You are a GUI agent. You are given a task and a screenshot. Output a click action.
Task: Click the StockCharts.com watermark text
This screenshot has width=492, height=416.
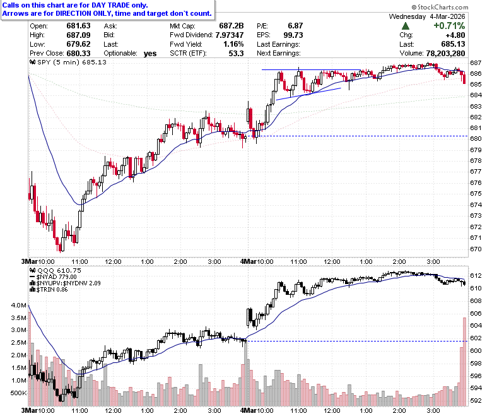point(440,7)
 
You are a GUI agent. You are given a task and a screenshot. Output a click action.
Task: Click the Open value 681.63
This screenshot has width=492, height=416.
point(78,26)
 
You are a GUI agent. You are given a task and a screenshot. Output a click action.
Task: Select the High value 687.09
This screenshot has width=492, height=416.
point(78,35)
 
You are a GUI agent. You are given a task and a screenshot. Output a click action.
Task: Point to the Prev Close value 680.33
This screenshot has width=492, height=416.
point(78,54)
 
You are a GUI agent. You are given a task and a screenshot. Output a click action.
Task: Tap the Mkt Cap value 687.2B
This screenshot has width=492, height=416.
point(231,26)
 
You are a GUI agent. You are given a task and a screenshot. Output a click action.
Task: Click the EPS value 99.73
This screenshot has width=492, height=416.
point(293,35)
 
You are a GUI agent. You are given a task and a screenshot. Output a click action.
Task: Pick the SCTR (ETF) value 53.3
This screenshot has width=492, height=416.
point(237,54)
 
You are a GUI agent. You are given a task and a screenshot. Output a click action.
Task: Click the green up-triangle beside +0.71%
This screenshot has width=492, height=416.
point(406,26)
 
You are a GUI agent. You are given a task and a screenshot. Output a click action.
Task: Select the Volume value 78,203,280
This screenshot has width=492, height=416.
point(445,54)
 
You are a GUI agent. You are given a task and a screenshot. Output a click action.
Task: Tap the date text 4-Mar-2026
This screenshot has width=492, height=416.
point(447,16)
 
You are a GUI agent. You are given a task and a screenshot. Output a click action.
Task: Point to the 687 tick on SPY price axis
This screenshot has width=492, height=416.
point(476,62)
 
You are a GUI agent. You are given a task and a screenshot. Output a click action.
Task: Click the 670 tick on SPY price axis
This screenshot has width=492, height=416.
point(476,249)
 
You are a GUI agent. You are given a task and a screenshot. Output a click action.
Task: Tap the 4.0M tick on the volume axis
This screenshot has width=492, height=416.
point(19,305)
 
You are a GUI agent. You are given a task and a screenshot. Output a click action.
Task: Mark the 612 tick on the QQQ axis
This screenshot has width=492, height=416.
point(476,276)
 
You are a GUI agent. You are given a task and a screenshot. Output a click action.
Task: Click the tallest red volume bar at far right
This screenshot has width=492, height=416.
point(465,362)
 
